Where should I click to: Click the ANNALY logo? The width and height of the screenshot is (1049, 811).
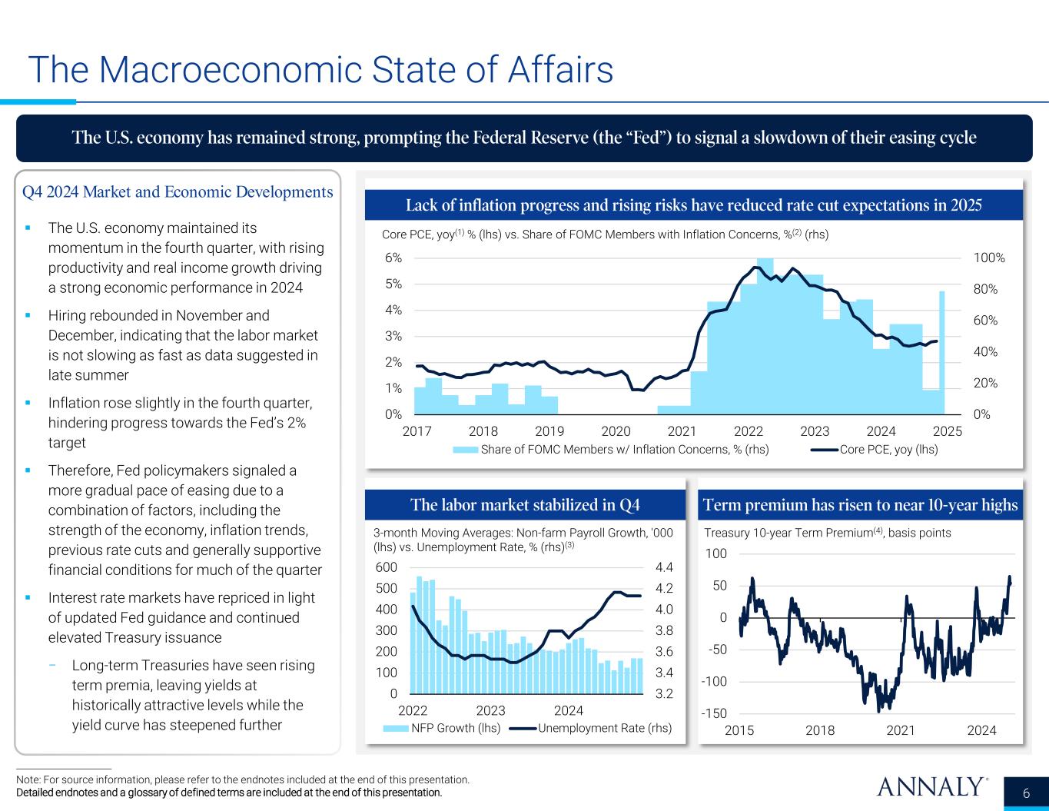click(x=931, y=787)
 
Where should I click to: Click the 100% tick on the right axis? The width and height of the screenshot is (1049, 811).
click(x=989, y=258)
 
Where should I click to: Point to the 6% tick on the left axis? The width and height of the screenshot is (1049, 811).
click(x=393, y=258)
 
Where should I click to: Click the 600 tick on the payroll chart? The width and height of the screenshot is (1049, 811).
click(x=387, y=567)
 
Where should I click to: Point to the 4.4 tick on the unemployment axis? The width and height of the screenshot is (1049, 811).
click(x=664, y=567)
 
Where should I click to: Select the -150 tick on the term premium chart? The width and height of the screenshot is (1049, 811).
click(x=715, y=714)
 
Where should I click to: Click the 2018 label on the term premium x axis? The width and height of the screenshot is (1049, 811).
click(x=820, y=730)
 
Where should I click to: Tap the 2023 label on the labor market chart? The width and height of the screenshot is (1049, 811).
click(x=491, y=710)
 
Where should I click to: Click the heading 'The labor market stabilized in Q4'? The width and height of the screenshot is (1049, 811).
click(x=526, y=505)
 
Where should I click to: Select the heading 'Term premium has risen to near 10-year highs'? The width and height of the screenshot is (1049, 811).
click(x=861, y=505)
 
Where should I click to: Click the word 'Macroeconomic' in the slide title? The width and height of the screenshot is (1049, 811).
click(x=230, y=69)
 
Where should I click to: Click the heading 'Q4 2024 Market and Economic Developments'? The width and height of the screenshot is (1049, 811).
click(x=178, y=192)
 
